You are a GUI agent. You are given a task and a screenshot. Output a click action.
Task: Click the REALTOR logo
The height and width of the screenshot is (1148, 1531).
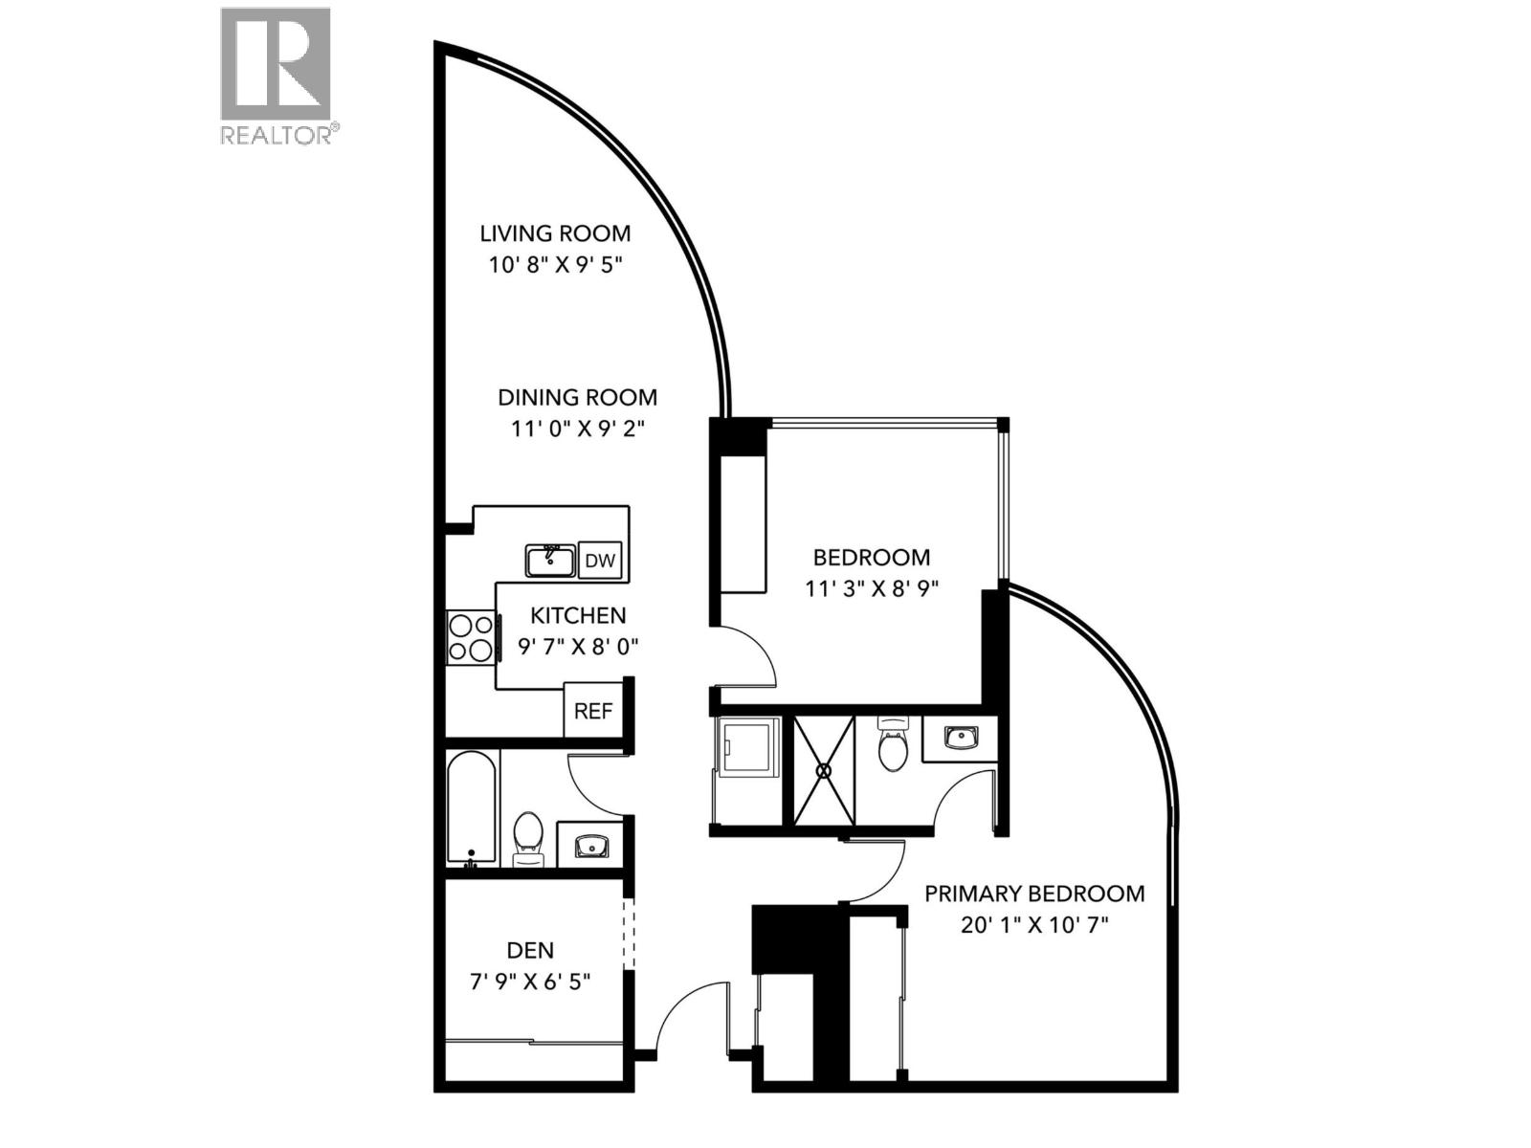276,75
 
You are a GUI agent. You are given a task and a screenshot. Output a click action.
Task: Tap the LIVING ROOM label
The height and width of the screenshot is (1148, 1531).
555,233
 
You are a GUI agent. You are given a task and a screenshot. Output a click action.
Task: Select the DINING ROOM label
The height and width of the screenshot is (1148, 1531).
577,397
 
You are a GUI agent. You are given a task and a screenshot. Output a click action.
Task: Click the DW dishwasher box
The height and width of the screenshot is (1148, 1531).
600,561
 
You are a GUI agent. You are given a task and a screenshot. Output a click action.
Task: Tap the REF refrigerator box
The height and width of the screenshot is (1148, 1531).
593,711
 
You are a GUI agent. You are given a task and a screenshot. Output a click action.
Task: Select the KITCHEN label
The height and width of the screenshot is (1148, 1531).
578,615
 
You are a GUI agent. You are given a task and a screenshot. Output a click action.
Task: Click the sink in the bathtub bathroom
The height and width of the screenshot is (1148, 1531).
590,846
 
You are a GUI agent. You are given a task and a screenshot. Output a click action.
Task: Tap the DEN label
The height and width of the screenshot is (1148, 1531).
530,950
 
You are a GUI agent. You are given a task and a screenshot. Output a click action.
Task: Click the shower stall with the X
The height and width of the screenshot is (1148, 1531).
823,769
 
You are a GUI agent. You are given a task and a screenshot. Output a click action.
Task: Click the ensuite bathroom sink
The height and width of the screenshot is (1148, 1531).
959,738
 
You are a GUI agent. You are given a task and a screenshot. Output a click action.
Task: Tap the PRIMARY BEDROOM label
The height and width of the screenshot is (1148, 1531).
1034,894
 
